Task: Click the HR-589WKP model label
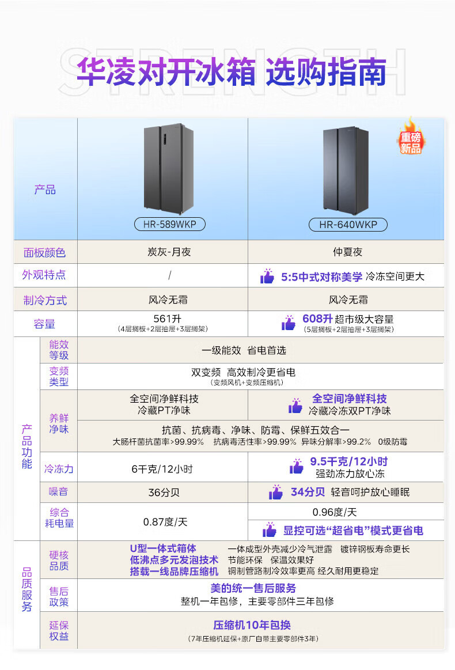(169, 224)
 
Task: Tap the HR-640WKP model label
(348, 224)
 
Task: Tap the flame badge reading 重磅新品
(411, 138)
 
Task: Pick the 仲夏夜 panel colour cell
(347, 252)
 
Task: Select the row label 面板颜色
(44, 252)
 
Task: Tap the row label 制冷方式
(44, 300)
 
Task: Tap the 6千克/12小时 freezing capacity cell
(162, 469)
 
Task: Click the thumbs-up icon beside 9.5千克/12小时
(296, 466)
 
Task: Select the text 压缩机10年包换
(252, 625)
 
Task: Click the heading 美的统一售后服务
(253, 588)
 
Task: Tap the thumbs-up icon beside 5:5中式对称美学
(267, 277)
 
